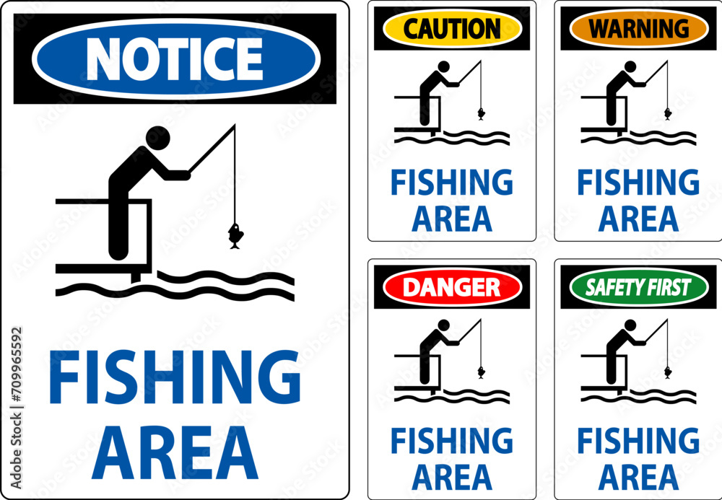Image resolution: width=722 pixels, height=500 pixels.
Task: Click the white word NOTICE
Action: point(174,59)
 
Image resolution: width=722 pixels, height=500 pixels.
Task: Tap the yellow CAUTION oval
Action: point(452,29)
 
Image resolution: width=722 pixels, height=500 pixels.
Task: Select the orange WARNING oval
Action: point(639,29)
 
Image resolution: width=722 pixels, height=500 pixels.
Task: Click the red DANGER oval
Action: point(452,287)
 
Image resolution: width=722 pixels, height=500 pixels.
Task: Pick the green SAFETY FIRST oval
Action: point(639,287)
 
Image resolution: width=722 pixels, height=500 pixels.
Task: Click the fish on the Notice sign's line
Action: point(235,236)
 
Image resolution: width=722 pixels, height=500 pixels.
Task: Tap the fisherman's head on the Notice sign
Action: point(158,138)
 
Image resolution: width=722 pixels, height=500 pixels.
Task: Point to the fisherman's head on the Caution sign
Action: point(443,66)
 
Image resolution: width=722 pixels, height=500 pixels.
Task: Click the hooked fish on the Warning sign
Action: point(668,113)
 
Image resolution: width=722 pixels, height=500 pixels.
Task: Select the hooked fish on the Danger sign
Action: point(481,372)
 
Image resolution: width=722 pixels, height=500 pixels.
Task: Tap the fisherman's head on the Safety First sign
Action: point(630,325)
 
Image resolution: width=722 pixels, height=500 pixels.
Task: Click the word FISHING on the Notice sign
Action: point(175,377)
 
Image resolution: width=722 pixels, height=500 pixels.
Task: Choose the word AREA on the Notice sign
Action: point(175,452)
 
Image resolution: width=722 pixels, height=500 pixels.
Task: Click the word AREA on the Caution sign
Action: point(452,219)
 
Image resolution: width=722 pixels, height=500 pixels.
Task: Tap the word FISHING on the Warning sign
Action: point(639,182)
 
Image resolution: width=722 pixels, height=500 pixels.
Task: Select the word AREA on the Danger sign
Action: point(452,478)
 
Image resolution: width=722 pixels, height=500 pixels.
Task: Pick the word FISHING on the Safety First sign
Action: point(639,441)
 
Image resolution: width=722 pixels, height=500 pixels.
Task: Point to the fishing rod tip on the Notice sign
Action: point(235,125)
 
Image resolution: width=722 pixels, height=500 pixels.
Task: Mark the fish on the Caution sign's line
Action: point(481,113)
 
